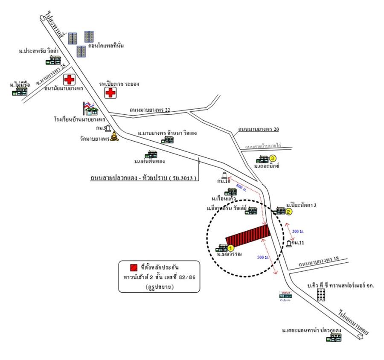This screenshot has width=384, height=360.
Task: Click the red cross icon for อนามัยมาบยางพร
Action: [x=69, y=80]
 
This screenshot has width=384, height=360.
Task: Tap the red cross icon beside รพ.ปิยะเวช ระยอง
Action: [x=111, y=93]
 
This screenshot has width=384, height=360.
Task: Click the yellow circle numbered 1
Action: [x=230, y=247]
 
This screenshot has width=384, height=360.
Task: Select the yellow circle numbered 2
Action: [x=289, y=212]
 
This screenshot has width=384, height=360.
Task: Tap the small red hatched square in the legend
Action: [x=134, y=268]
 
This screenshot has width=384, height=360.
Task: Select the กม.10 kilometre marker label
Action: [x=223, y=181]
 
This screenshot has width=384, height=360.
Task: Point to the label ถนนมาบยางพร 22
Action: [x=150, y=110]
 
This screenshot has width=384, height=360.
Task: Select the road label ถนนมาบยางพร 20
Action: [x=259, y=129]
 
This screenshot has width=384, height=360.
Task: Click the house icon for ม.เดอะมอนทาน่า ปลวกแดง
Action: [x=334, y=338]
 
